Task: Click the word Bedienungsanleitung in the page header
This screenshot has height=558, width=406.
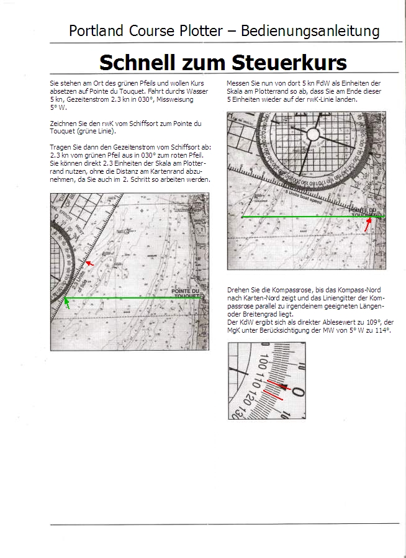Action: (310, 31)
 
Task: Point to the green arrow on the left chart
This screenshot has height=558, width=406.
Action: (67, 303)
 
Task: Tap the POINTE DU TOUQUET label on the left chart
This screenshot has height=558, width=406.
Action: (187, 294)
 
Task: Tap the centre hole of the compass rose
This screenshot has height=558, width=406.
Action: (313, 134)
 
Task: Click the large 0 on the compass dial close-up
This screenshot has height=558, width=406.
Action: (298, 392)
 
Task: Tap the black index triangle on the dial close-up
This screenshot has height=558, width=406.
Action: (284, 388)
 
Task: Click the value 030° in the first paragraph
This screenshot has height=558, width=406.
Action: (139, 99)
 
